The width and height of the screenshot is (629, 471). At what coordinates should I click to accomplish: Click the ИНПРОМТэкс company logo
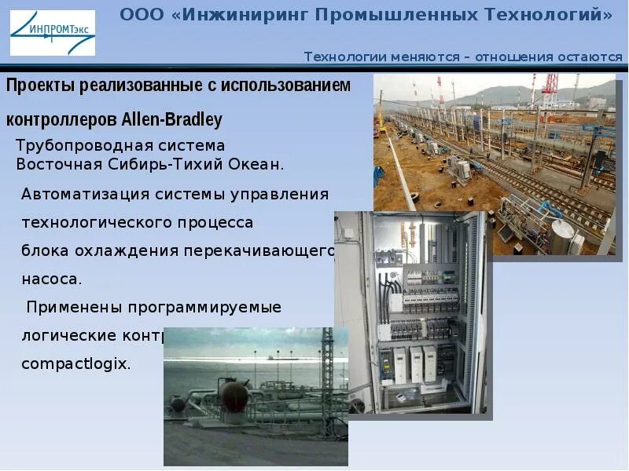(x=52, y=33)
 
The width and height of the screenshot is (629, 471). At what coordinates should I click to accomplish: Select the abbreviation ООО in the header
(x=141, y=15)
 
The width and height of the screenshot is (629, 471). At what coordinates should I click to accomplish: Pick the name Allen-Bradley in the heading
(x=172, y=120)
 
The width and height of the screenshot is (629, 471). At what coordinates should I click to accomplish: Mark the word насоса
(x=52, y=279)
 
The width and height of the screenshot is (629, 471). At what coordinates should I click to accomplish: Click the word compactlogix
(x=75, y=364)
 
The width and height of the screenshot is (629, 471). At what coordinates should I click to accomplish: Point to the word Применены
(x=71, y=307)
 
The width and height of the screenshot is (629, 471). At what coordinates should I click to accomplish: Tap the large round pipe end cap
(x=234, y=396)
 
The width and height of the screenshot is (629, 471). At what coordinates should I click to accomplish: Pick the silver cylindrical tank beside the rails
(x=561, y=236)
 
